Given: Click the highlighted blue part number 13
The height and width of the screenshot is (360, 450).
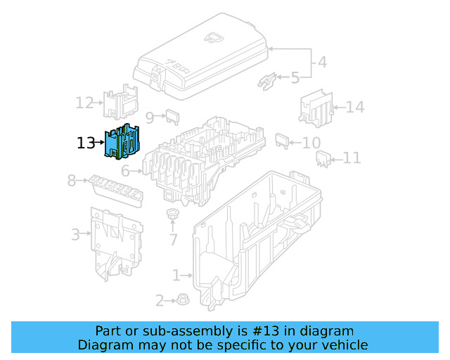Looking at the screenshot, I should click(124, 142).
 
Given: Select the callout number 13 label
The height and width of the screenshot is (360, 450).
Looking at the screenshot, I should click(85, 143).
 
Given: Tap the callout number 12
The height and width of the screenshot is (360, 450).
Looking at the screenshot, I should click(84, 103).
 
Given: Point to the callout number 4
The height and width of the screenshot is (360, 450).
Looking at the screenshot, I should click(321, 62).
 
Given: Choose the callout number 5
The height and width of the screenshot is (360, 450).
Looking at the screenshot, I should click(295, 77).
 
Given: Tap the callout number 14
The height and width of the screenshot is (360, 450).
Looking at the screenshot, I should click(355, 108).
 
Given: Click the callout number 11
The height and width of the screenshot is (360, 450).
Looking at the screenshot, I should click(352, 158).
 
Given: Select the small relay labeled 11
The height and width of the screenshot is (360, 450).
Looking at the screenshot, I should click(323, 160).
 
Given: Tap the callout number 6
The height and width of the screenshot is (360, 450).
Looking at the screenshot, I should click(125, 171).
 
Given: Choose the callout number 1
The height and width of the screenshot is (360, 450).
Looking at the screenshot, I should click(177, 275).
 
